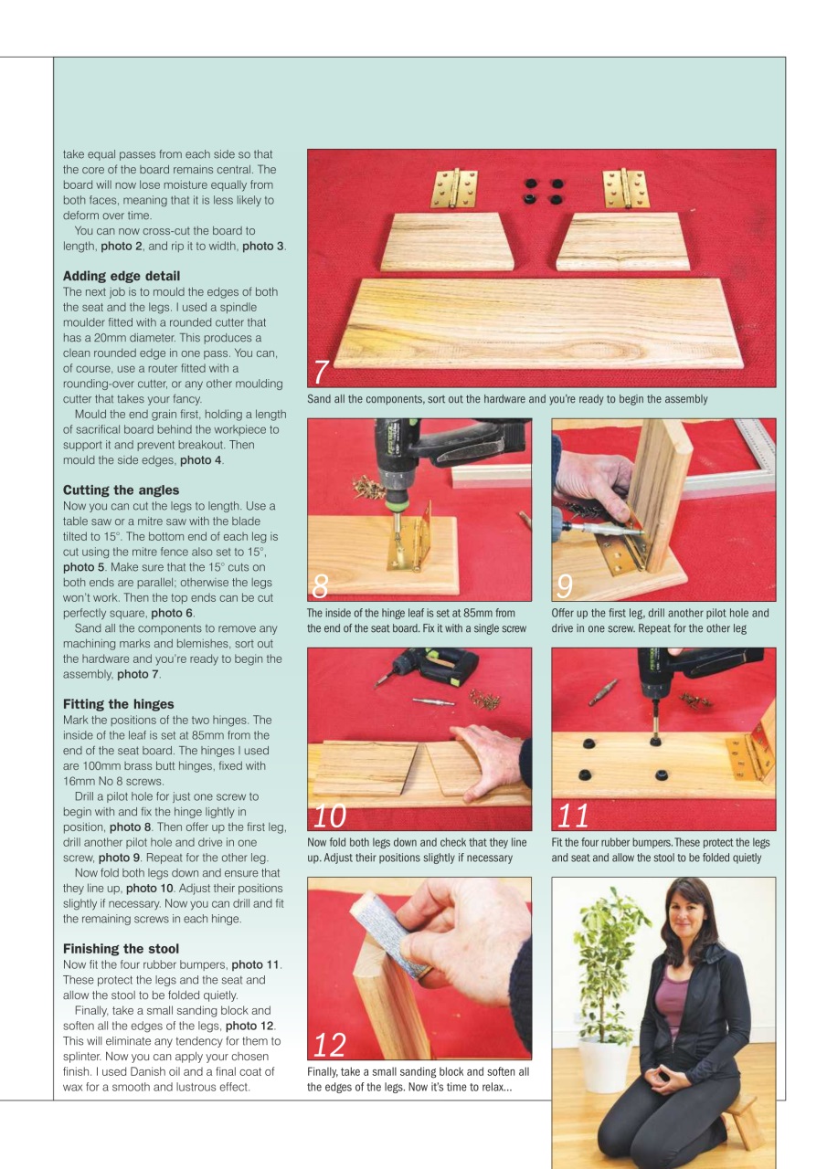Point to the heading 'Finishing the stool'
pyautogui.click(x=121, y=949)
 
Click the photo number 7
pyautogui.click(x=321, y=372)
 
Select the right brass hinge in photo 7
pyautogui.click(x=626, y=187)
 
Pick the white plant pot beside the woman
pyautogui.click(x=604, y=1064)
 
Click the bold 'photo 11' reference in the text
pyautogui.click(x=256, y=964)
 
